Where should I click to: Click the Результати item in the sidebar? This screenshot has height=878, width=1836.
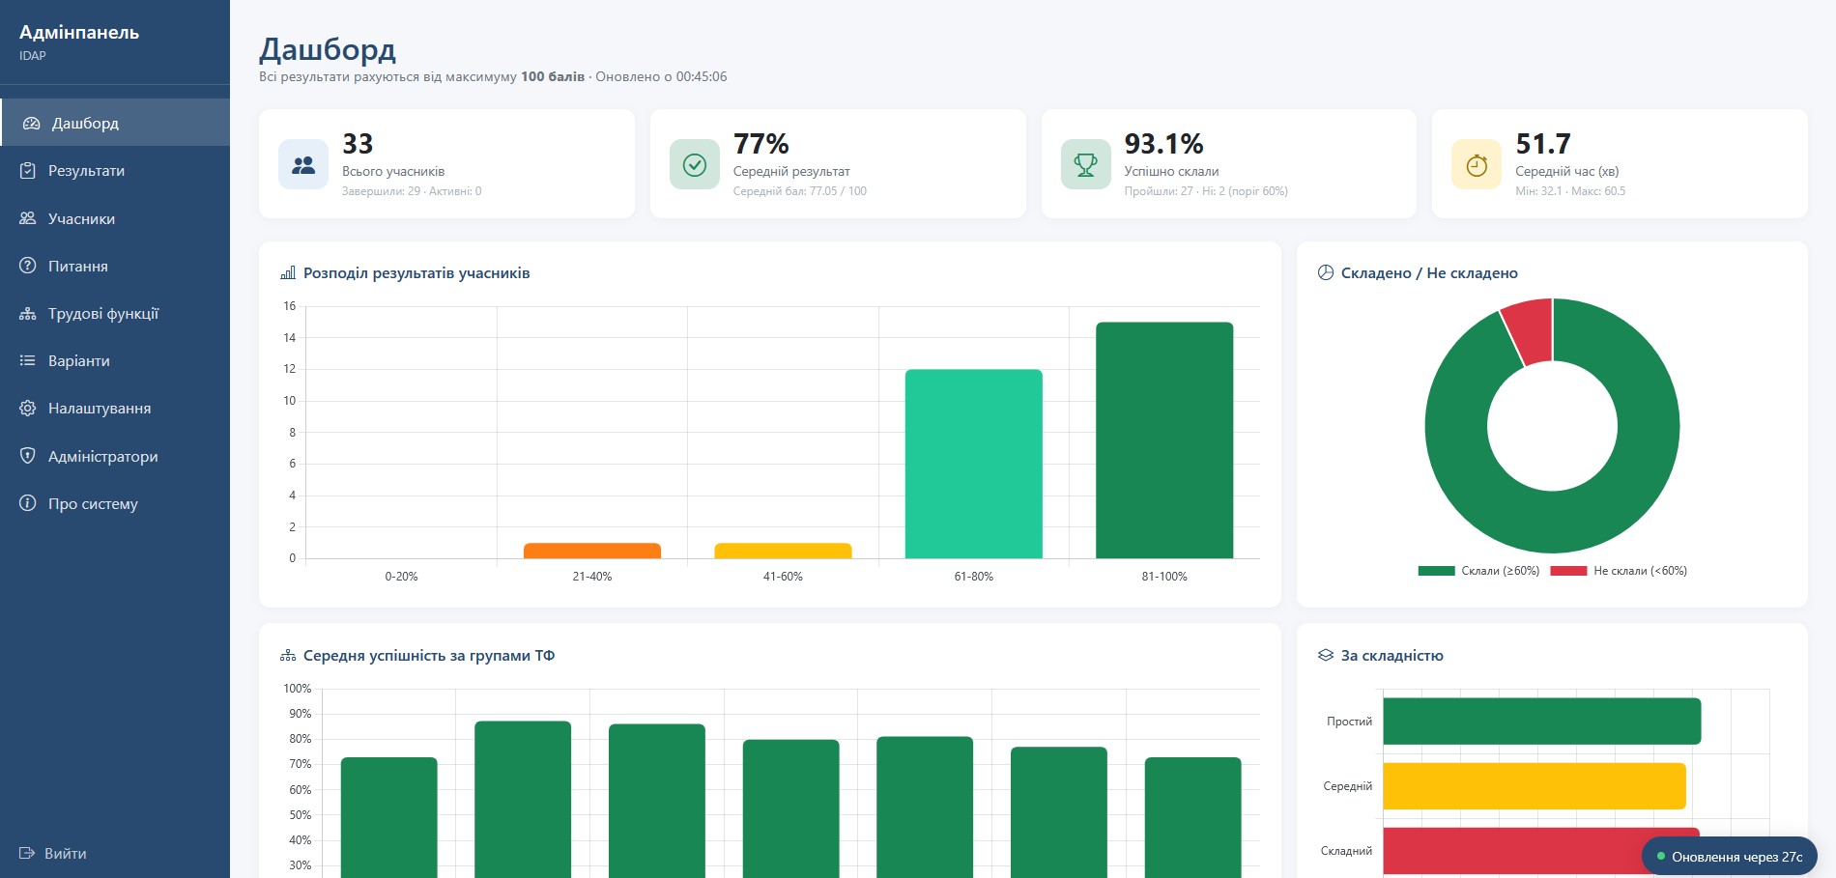point(86,171)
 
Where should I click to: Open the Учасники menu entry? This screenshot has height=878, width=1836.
point(81,218)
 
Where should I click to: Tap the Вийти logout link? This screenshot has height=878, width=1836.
point(53,854)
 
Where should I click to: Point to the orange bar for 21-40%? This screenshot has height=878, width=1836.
point(592,551)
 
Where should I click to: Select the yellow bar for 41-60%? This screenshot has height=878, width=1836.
point(783,551)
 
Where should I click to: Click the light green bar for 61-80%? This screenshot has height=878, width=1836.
point(973,464)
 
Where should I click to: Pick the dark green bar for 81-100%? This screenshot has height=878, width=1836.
point(1164,440)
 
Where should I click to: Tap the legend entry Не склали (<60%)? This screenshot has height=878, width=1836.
point(1619,571)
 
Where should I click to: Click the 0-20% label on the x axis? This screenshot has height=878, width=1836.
point(401,577)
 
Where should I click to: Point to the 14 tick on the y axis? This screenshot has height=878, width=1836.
point(290,338)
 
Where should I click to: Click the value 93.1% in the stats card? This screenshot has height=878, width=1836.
point(1163,144)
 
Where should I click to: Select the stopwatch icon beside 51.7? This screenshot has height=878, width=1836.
point(1477,165)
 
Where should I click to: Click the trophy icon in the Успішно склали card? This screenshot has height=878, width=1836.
point(1086,165)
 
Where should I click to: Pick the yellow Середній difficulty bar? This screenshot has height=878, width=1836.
point(1535,786)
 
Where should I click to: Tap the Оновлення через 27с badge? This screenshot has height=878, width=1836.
point(1729,857)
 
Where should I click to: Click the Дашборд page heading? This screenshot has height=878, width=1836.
point(328,49)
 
